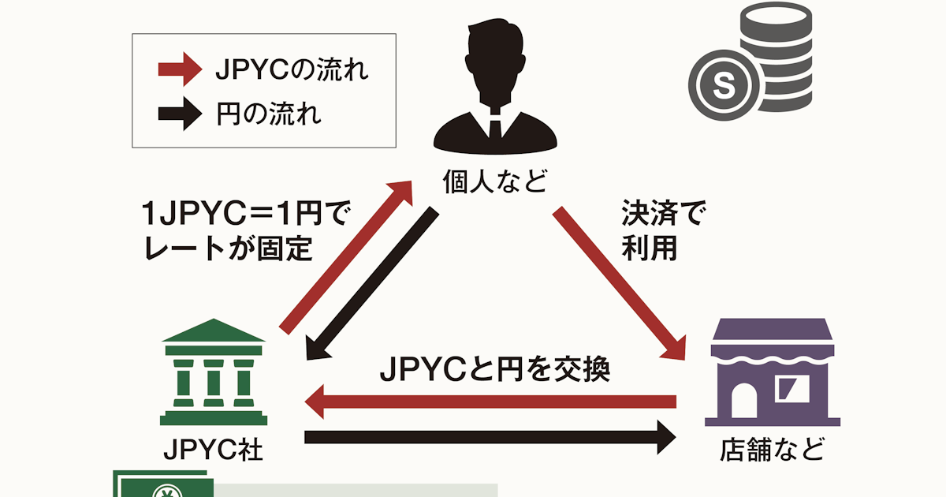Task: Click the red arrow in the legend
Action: pos(181,69)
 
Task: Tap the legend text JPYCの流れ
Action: pos(292,70)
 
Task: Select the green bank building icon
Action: pos(213,371)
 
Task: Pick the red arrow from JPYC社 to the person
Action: pos(347,252)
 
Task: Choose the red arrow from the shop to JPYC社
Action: pos(489,402)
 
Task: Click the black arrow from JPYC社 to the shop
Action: pos(489,436)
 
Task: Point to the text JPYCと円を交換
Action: pos(495,368)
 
